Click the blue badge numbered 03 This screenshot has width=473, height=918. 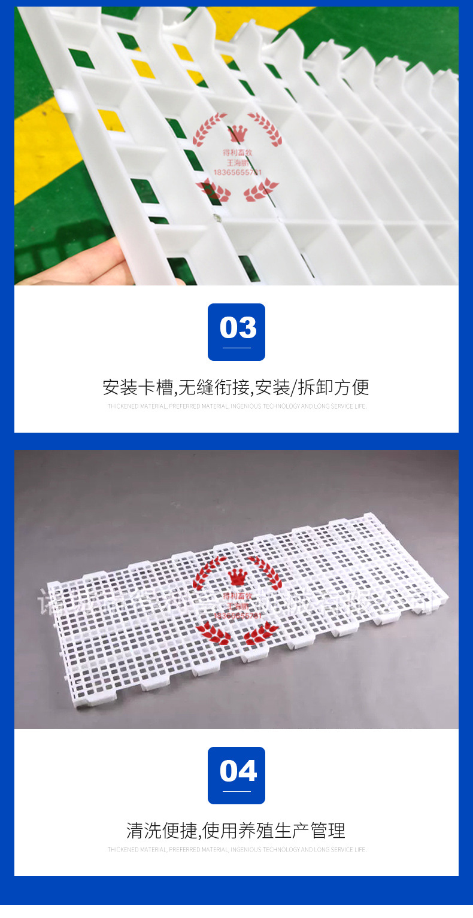pyautogui.click(x=236, y=332)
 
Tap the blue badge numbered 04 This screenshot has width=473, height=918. pyautogui.click(x=236, y=775)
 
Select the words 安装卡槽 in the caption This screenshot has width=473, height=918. pyautogui.click(x=137, y=387)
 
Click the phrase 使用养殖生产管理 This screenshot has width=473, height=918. pyautogui.click(x=274, y=831)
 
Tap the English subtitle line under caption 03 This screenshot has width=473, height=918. pyautogui.click(x=236, y=406)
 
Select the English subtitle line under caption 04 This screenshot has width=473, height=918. pyautogui.click(x=236, y=850)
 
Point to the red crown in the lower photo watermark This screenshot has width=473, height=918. pyautogui.click(x=237, y=577)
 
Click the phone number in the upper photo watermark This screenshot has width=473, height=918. pyautogui.click(x=237, y=172)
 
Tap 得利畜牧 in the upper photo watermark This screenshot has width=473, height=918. pyautogui.click(x=237, y=153)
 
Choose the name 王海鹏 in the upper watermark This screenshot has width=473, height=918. pyautogui.click(x=237, y=162)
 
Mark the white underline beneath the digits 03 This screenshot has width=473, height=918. pyautogui.click(x=236, y=348)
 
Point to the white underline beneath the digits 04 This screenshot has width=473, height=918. pyautogui.click(x=236, y=791)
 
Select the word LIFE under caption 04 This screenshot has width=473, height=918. pyautogui.click(x=359, y=850)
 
